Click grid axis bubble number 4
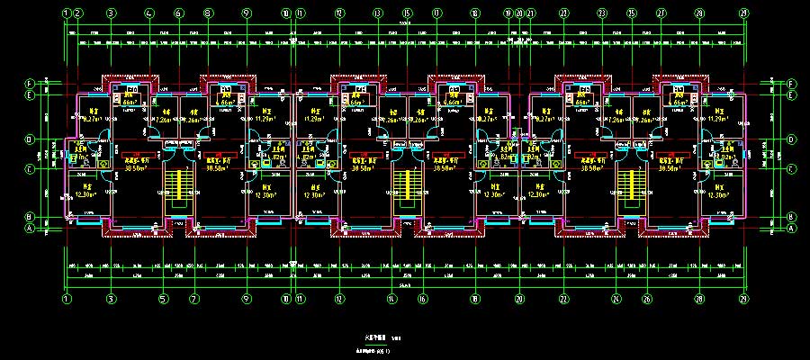tap(148, 13)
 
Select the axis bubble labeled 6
tap(178, 13)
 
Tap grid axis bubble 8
tap(209, 13)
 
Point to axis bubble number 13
tap(377, 13)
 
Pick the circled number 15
tap(407, 13)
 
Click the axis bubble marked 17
tap(436, 13)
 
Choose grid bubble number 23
tap(563, 13)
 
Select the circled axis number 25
tap(632, 13)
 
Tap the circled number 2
tap(79, 13)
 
